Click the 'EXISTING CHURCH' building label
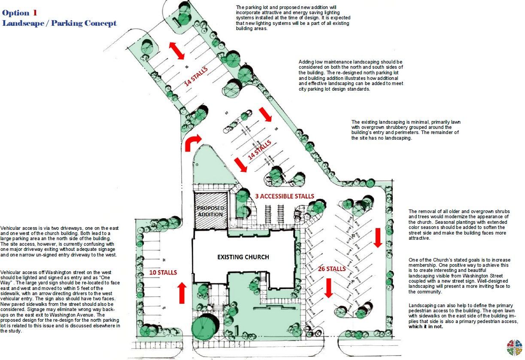pyautogui.click(x=243, y=257)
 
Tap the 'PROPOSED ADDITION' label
pyautogui.click(x=210, y=211)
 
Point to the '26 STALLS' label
pyautogui.click(x=331, y=269)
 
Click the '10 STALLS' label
pyautogui.click(x=163, y=272)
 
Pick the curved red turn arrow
pyautogui.click(x=191, y=143)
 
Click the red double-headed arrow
pyautogui.click(x=176, y=51)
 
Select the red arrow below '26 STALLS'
pyautogui.click(x=328, y=288)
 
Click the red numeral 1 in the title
pyautogui.click(x=35, y=12)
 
